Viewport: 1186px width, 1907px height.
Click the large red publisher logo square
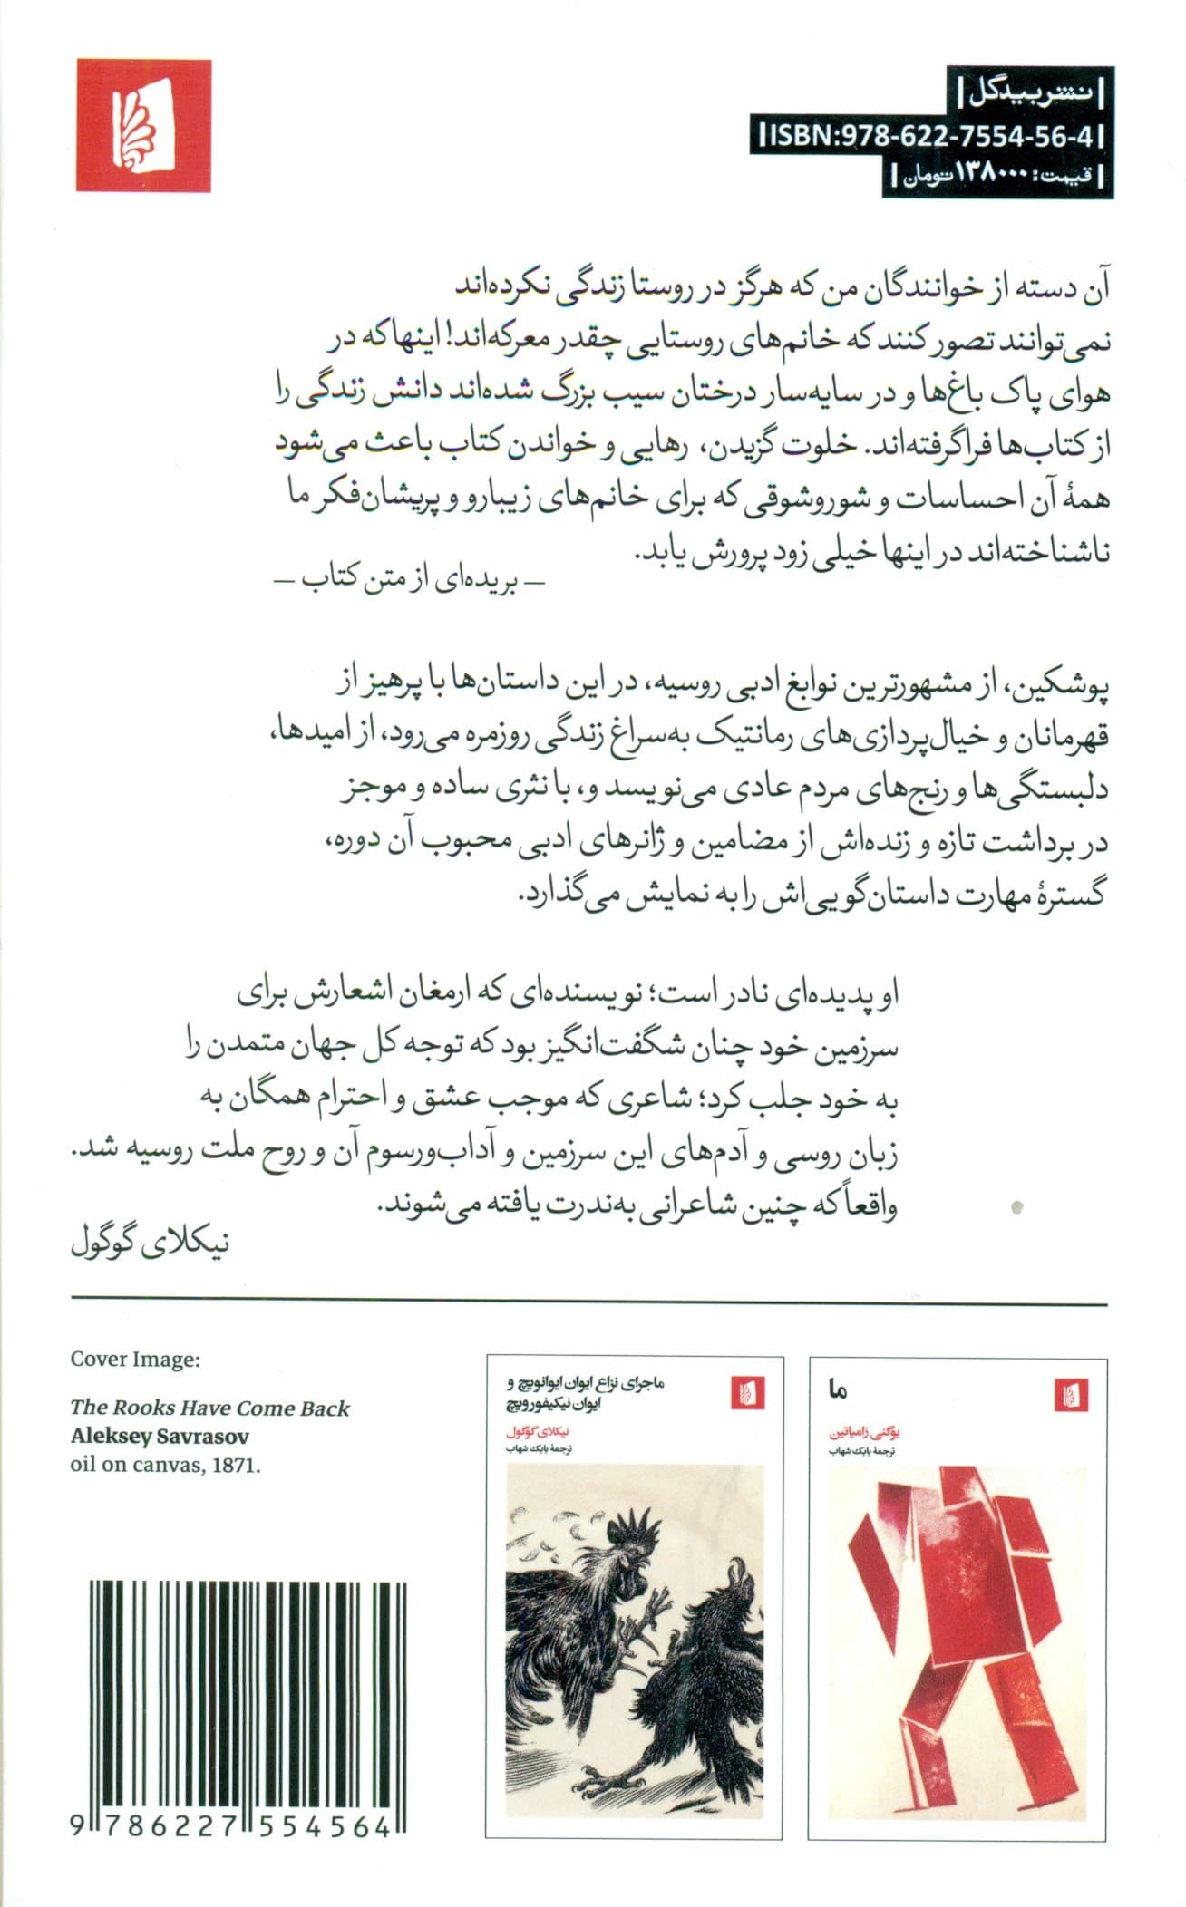click(x=143, y=125)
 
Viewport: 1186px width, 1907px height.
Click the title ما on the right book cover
click(x=835, y=1414)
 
